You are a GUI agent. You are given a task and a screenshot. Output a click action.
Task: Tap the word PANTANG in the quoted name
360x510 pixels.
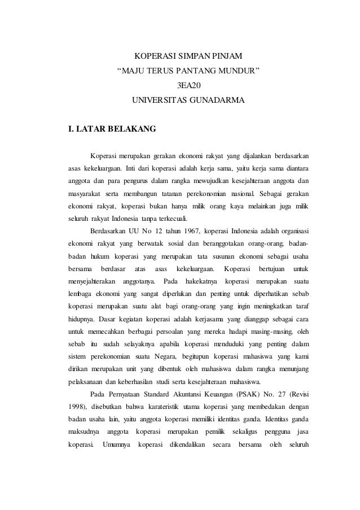pyautogui.click(x=197, y=71)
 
